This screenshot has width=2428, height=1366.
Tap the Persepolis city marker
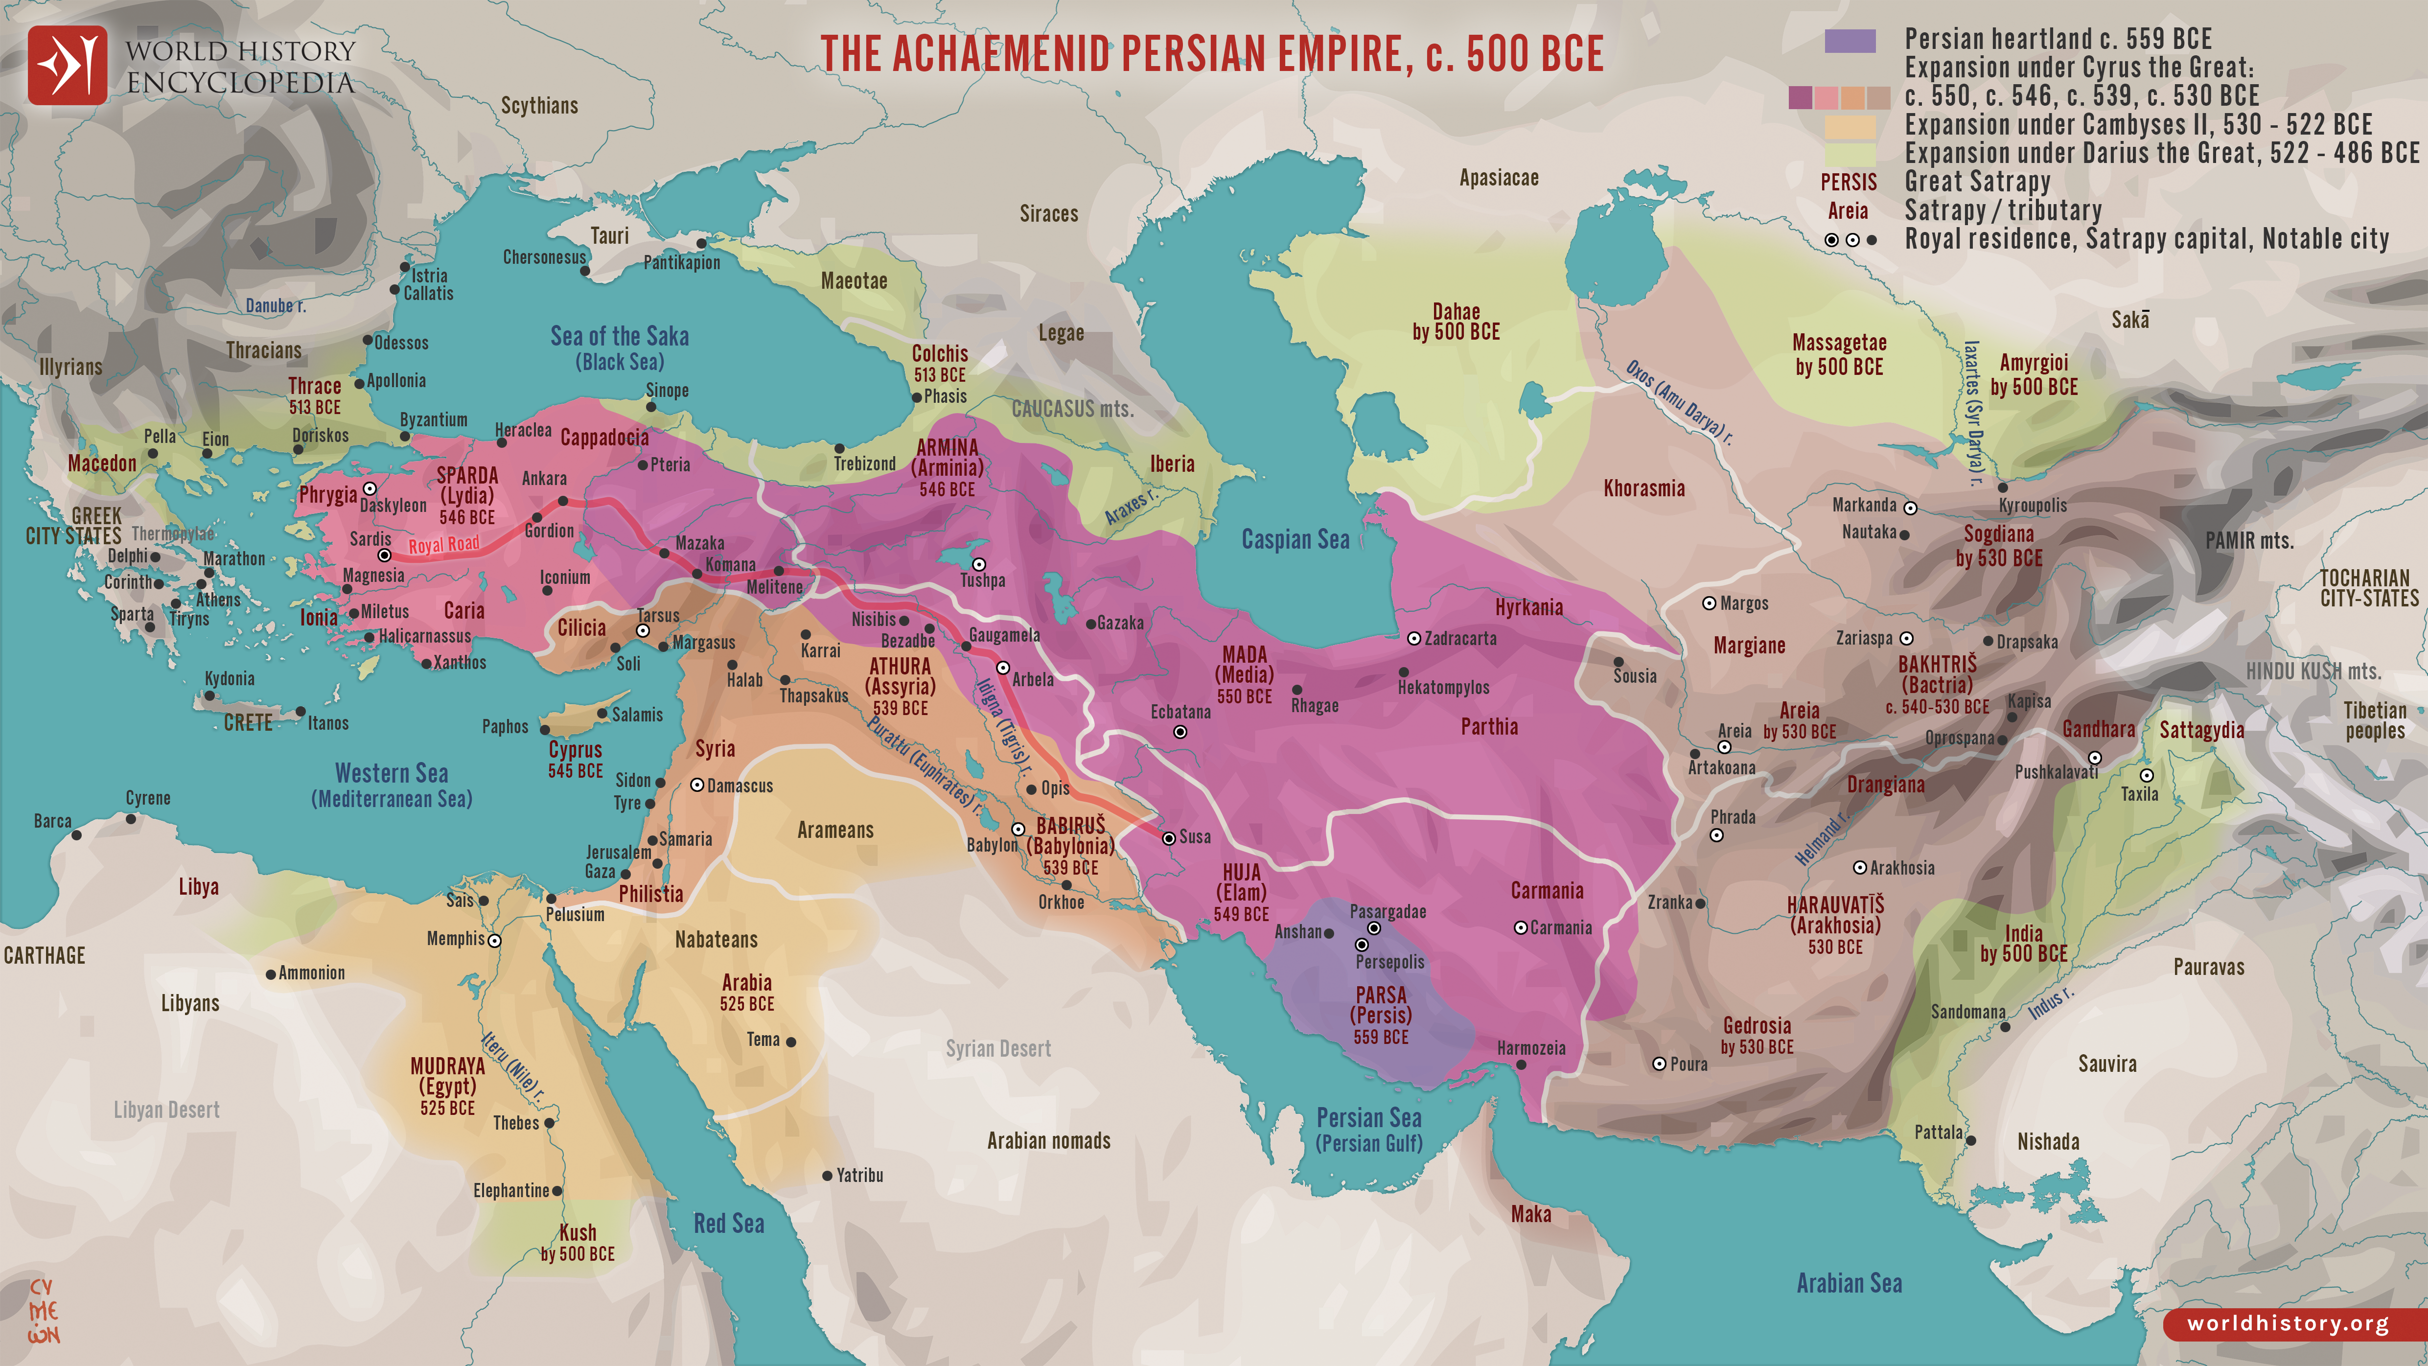(1361, 944)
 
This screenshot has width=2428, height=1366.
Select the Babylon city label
(992, 845)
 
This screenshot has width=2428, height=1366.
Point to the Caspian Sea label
(1295, 539)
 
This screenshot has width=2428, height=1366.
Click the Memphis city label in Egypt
(455, 939)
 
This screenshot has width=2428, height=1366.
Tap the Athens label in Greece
(218, 600)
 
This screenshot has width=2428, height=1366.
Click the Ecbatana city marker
(1180, 732)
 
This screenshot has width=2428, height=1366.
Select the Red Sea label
(729, 1224)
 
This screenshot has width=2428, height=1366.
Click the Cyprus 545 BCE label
(575, 759)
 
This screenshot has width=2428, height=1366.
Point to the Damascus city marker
(697, 785)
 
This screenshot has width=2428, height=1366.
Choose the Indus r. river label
(2051, 1002)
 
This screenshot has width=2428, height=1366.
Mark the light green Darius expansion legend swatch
(1850, 154)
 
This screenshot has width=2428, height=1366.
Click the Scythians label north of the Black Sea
(539, 106)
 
